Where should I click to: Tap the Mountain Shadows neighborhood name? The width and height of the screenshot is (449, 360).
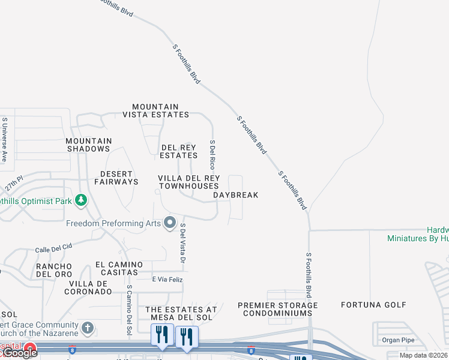point(88,145)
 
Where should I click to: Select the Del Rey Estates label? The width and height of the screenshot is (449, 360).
point(178,151)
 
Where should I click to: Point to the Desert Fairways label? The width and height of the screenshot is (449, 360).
point(116,178)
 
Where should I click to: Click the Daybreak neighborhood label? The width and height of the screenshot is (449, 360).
point(236,195)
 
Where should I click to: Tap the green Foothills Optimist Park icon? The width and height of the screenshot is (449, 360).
point(81,200)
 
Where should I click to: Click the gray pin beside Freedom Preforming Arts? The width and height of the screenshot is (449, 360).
point(170,223)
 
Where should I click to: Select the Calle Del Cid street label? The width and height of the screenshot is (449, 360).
point(53,247)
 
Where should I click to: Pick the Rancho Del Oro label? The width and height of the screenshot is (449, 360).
point(54,270)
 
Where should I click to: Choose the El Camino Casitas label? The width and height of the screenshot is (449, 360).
point(119,268)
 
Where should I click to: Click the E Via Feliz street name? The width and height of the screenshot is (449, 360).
point(167,280)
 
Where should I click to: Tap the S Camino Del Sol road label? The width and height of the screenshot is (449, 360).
point(129,309)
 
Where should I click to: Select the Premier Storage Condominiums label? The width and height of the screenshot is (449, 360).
point(277,309)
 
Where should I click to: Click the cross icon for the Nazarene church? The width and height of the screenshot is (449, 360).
point(88,328)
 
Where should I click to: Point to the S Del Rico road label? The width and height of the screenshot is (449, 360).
point(212,155)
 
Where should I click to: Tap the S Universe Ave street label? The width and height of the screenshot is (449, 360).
point(4,140)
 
